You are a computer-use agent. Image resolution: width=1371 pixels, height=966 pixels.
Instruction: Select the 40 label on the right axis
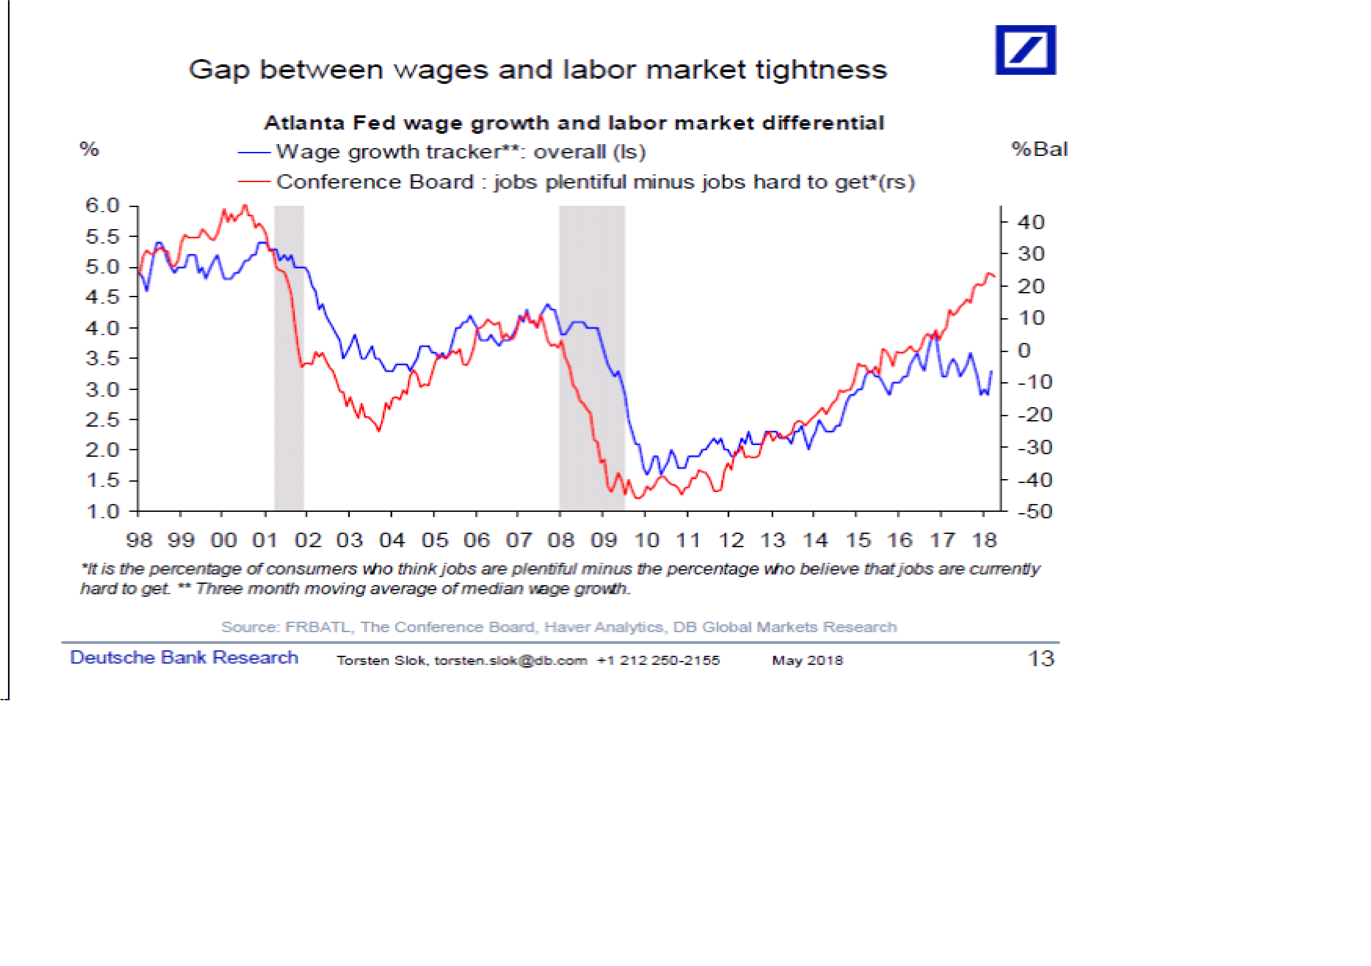(1031, 223)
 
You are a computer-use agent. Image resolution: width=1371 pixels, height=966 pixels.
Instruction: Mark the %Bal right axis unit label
(1039, 149)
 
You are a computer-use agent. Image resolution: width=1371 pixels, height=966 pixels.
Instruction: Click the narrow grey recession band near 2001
(289, 358)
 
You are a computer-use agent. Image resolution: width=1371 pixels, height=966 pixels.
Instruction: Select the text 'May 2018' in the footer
(807, 661)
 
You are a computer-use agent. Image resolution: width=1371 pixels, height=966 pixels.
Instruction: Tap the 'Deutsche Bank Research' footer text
(184, 658)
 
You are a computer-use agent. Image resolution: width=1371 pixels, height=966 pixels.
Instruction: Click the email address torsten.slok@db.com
(510, 661)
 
